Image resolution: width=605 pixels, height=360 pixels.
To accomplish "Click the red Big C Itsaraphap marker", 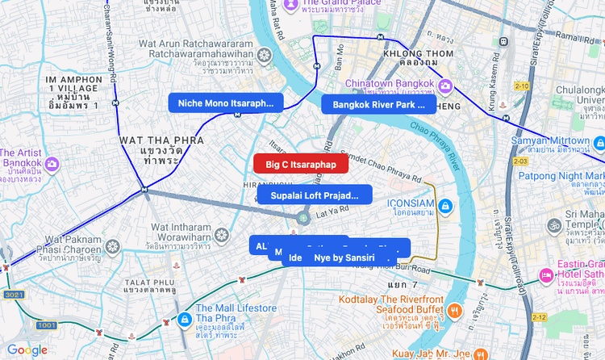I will pos(300,164).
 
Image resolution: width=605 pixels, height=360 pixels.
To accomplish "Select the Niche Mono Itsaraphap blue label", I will pos(225,103).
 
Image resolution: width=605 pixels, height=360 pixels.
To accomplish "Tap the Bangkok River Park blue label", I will pos(378,104).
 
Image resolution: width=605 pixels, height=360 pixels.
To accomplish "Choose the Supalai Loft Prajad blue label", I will pos(315,195).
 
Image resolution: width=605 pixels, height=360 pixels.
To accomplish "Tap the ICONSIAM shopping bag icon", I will pos(445,207).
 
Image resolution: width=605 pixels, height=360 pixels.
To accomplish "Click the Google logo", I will pos(27,350).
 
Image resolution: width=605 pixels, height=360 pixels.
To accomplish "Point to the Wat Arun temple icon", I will pos(265,56).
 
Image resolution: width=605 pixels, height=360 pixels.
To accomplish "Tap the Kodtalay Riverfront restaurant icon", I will pos(455,310).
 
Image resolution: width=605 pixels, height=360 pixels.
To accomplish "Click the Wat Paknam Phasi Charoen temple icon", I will pos(113,245).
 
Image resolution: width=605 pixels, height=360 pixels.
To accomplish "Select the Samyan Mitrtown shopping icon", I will pos(599,144).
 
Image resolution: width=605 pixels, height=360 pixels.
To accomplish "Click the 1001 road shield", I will pos(46,325).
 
